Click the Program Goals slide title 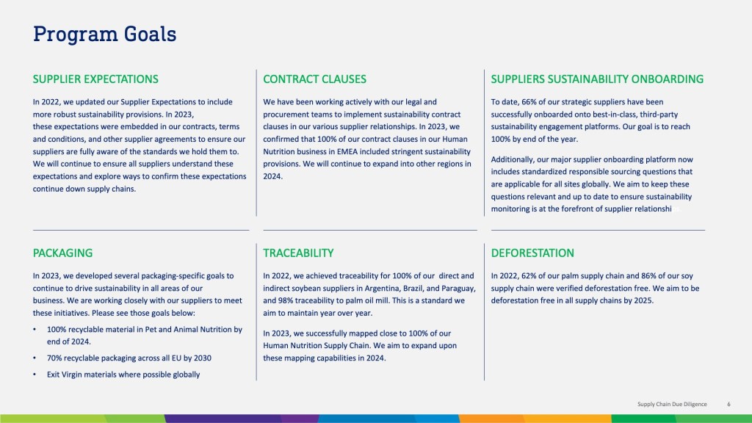click(104, 35)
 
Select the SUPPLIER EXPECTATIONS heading click(95, 79)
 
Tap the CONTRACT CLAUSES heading click(314, 79)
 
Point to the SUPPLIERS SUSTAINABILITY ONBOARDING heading click(597, 79)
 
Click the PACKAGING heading click(63, 253)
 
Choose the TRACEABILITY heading click(298, 253)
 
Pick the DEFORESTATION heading click(532, 253)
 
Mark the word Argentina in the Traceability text click(381, 288)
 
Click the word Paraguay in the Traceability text click(460, 289)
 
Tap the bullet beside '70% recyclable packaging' click(35, 358)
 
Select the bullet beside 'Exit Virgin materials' click(35, 375)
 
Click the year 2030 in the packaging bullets click(202, 358)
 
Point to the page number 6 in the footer click(728, 405)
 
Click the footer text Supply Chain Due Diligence click(672, 405)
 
